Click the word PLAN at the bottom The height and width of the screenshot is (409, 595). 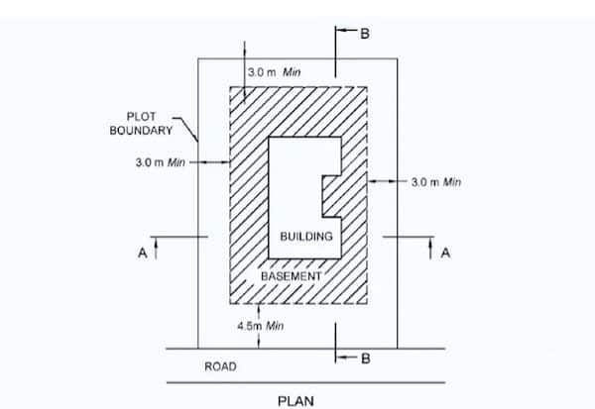pos(297,400)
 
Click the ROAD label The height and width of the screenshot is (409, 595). pos(220,366)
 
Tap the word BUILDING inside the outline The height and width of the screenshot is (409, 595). pos(305,238)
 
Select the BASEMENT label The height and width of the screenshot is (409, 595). pos(291,276)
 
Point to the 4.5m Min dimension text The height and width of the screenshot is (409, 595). pos(261,325)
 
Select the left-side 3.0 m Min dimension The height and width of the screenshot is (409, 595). pos(160,161)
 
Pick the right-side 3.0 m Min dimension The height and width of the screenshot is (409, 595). pos(436,182)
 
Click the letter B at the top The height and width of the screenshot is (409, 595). pos(365,35)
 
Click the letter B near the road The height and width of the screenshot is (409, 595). pos(365,358)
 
